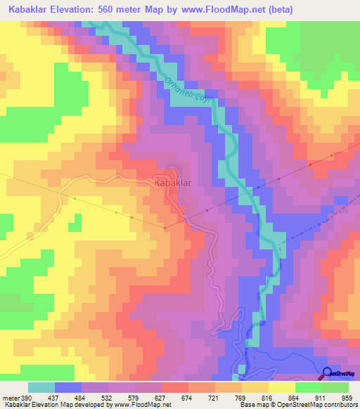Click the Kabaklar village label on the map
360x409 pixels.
[172, 182]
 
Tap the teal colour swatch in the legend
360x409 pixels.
[41, 387]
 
